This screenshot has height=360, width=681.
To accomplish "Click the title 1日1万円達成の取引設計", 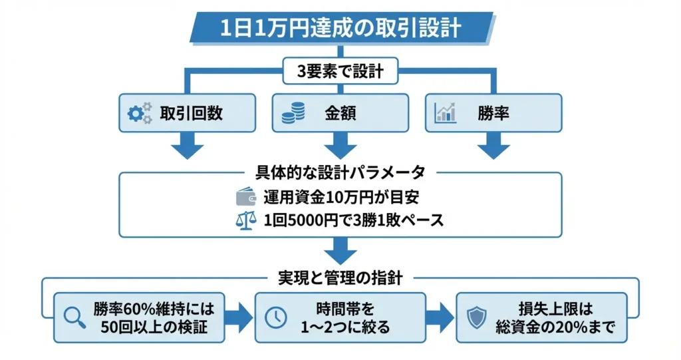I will point(340,29).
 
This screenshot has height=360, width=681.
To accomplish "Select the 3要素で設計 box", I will point(340,71).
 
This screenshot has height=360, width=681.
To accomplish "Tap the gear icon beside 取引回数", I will point(139,113).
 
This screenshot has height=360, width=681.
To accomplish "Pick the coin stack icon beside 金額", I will point(293,113).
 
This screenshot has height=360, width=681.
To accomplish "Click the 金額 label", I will point(340,113).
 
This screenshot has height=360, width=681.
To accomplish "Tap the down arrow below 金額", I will point(340,146).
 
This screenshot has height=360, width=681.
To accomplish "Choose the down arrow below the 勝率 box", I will point(493,146).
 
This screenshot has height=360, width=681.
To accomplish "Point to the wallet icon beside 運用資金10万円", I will point(247,197).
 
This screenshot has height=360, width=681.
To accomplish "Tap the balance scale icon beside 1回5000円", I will point(247,221).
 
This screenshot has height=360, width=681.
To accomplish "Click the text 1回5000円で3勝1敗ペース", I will point(353,221).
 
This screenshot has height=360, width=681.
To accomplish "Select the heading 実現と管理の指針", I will point(340,275).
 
